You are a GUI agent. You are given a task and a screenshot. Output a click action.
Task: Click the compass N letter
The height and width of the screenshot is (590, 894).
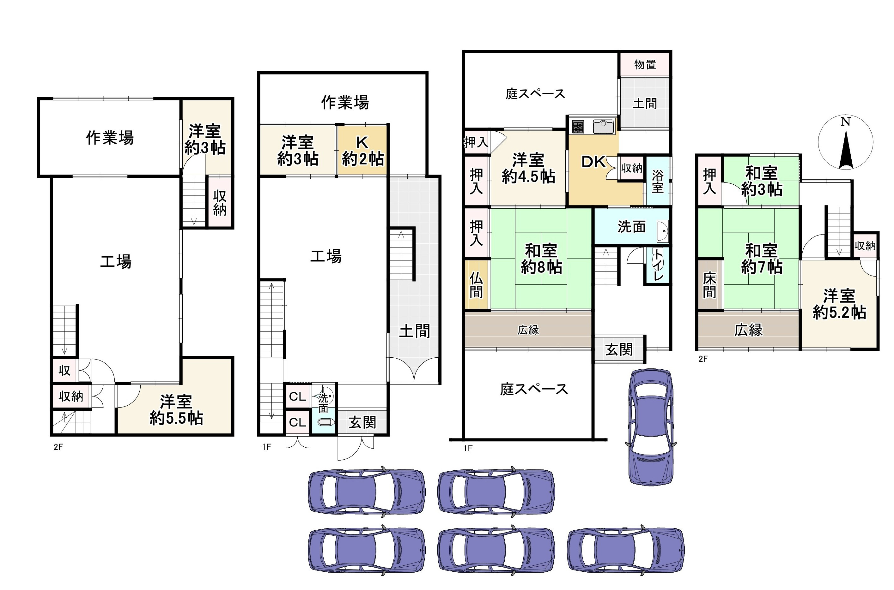pyautogui.click(x=846, y=122)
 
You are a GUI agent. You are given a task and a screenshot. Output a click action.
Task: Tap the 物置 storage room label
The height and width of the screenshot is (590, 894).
pyautogui.click(x=645, y=65)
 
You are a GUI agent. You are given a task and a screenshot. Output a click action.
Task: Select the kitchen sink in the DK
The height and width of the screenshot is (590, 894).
pyautogui.click(x=603, y=127)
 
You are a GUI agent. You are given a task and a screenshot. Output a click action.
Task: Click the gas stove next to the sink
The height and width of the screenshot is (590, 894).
pyautogui.click(x=578, y=127)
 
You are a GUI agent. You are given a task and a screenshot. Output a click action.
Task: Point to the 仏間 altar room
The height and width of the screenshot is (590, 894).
pyautogui.click(x=476, y=285)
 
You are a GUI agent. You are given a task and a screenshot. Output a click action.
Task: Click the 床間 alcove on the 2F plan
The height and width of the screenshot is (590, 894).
pyautogui.click(x=709, y=285)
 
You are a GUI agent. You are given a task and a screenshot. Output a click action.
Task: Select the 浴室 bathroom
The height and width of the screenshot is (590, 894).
pyautogui.click(x=658, y=182)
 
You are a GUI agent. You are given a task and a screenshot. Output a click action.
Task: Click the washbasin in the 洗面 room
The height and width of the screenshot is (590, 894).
pyautogui.click(x=662, y=230)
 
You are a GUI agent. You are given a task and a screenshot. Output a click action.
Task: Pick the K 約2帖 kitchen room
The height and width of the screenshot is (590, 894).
pyautogui.click(x=362, y=151)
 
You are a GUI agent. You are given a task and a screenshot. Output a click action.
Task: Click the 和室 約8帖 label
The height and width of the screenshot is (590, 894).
pyautogui.click(x=541, y=259)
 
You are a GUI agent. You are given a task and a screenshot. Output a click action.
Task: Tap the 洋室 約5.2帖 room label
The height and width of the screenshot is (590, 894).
pyautogui.click(x=839, y=304)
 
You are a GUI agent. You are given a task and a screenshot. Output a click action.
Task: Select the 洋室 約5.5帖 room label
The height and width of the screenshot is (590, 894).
pyautogui.click(x=176, y=410)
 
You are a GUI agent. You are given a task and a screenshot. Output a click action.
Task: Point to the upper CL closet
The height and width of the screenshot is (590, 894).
pyautogui.click(x=297, y=396)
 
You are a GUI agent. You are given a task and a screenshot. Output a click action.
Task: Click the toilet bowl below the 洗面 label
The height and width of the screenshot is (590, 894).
pyautogui.click(x=325, y=422)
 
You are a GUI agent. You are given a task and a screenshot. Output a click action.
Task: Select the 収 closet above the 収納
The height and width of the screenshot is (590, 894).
pyautogui.click(x=64, y=370)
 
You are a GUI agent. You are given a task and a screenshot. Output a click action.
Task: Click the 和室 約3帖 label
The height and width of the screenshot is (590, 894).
pyautogui.click(x=762, y=182)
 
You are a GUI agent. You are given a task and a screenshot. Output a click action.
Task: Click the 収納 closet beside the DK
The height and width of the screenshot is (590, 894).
pyautogui.click(x=631, y=168)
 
